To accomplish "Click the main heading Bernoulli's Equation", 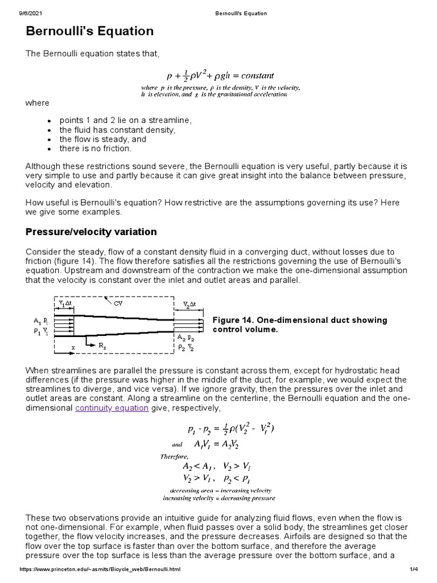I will pyautogui.click(x=90, y=31).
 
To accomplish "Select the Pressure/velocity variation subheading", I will pyautogui.click(x=92, y=232).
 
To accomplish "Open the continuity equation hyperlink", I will pyautogui.click(x=112, y=408).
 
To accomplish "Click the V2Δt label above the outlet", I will pyautogui.click(x=189, y=304).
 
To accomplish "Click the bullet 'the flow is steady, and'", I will pyautogui.click(x=103, y=139).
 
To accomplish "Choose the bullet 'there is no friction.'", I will pyautogui.click(x=96, y=148).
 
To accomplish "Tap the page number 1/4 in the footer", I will pyautogui.click(x=413, y=569).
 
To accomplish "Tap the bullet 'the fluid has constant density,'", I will pyautogui.click(x=117, y=130).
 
